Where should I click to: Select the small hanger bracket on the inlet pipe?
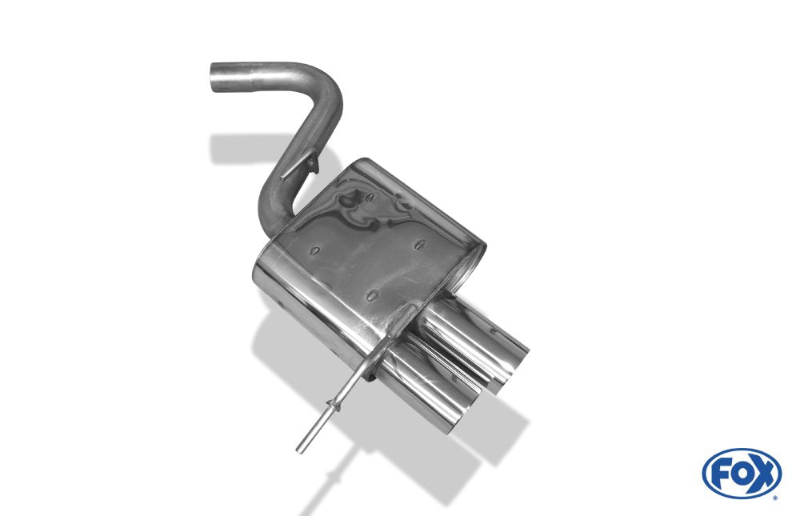[x=300, y=166]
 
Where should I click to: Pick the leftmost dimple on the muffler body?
[x=314, y=251]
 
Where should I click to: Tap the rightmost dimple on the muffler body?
[x=421, y=245]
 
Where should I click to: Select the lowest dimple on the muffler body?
[x=373, y=295]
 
